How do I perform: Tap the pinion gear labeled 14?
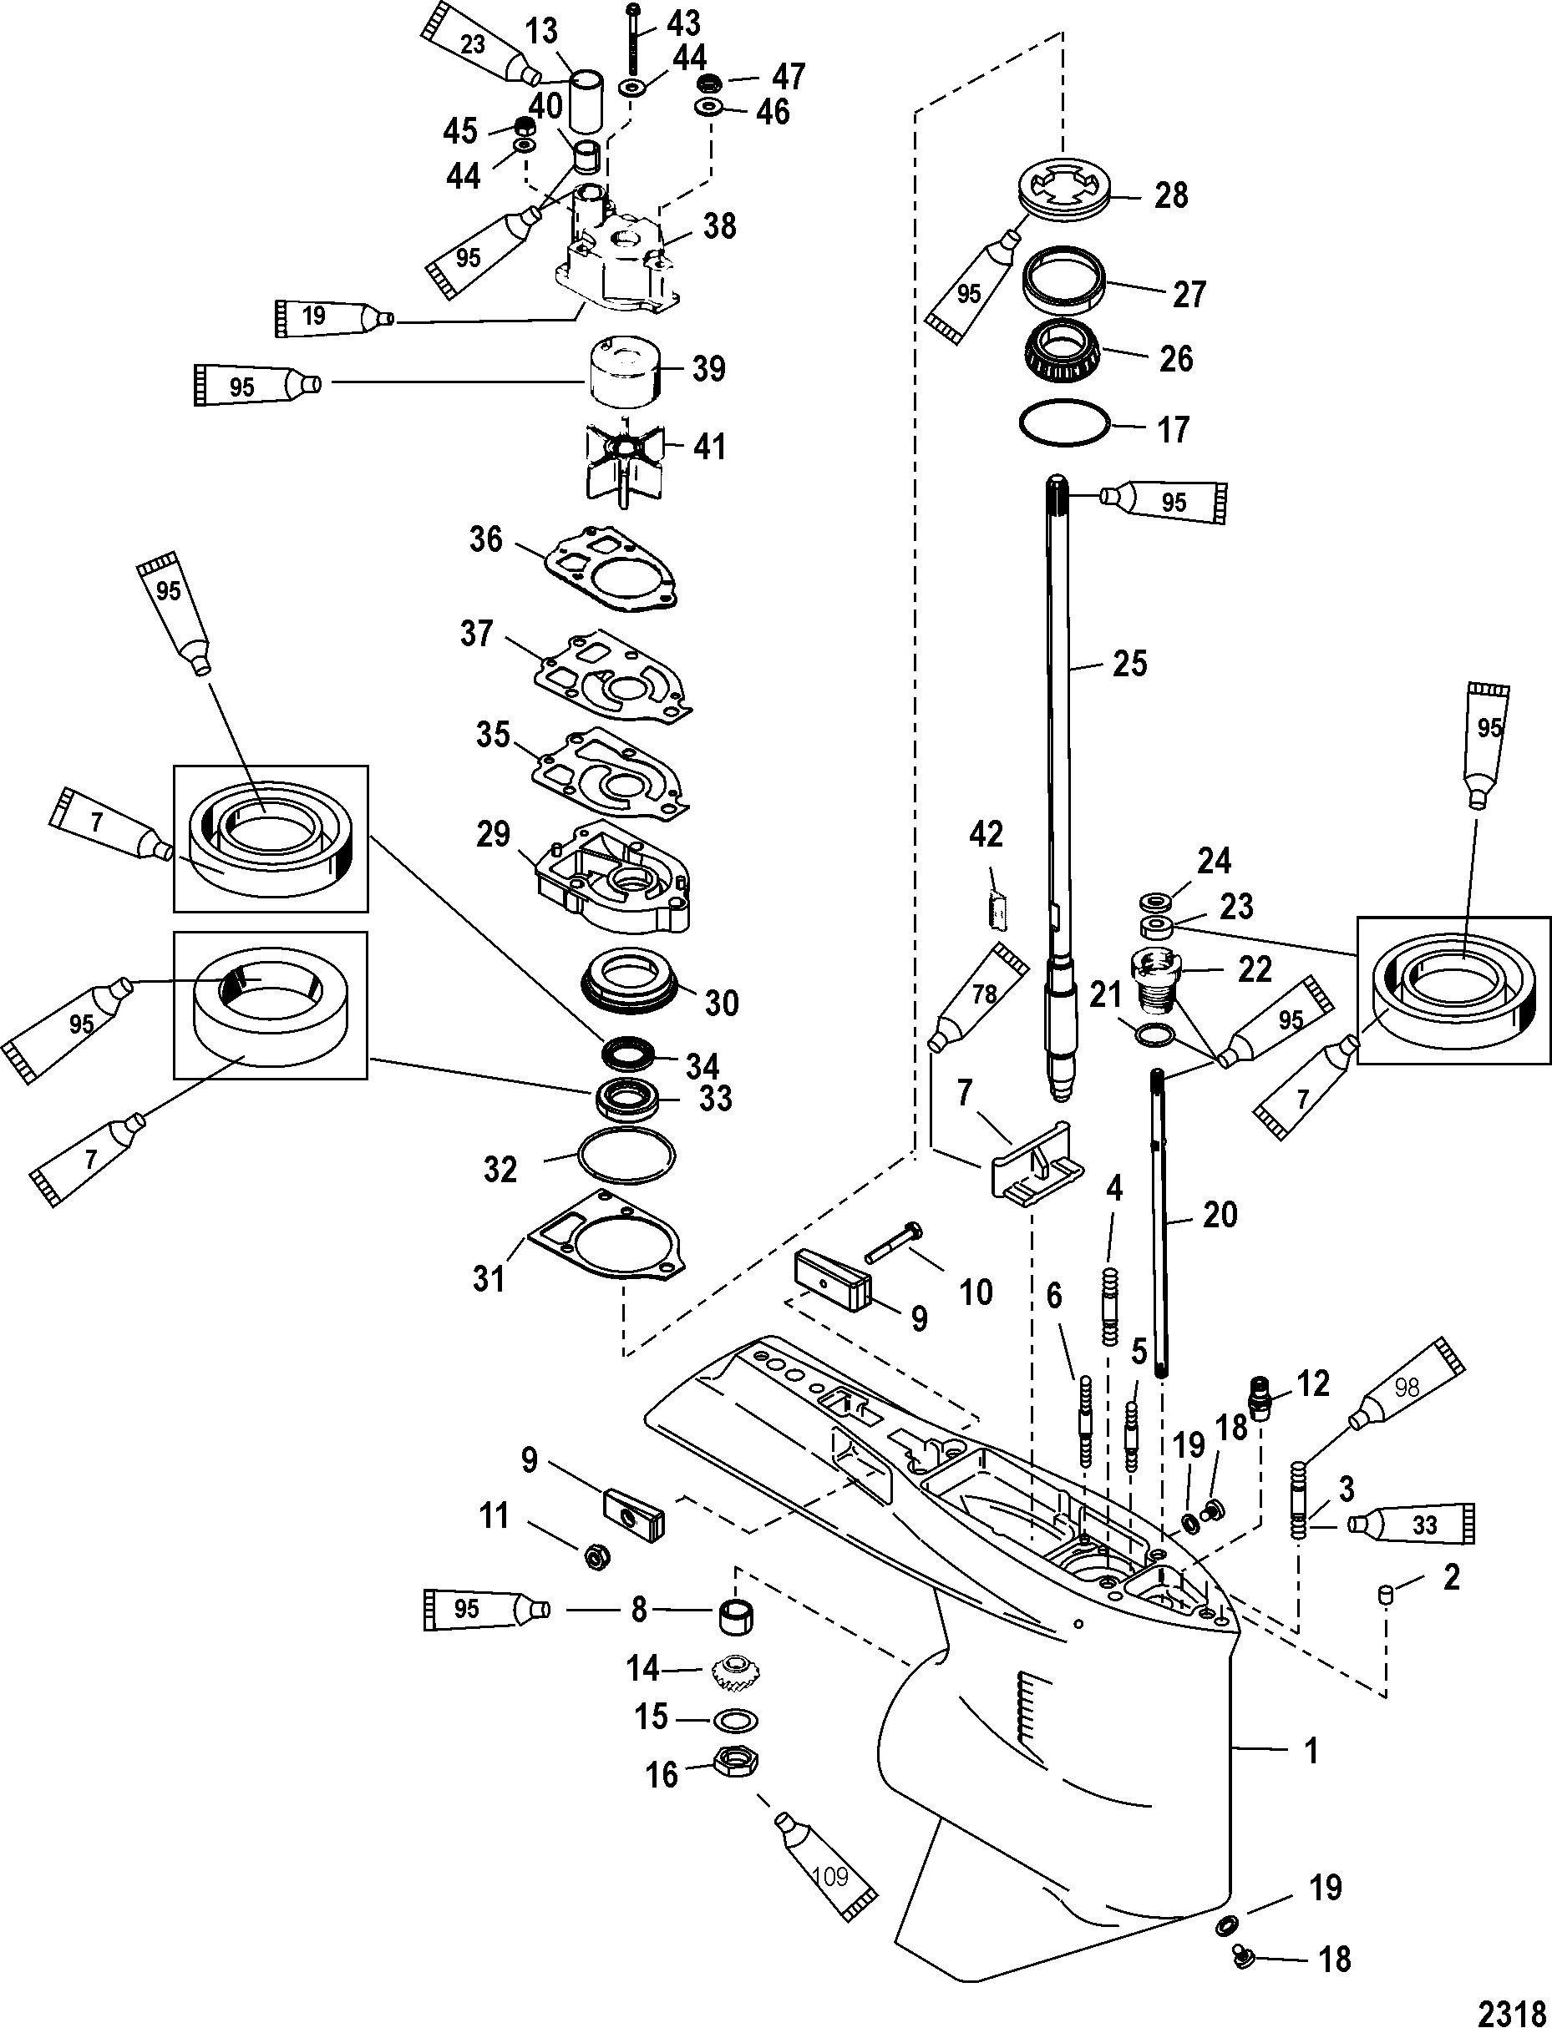click(735, 1671)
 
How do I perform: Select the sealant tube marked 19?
click(334, 316)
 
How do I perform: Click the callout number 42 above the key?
click(986, 834)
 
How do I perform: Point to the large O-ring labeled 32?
click(625, 1156)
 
